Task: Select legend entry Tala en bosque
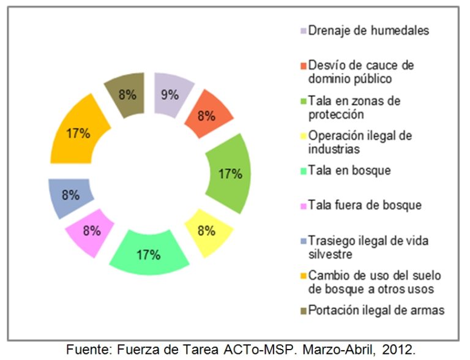pos(349,171)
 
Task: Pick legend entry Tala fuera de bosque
pos(365,205)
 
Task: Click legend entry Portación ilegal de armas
pos(376,310)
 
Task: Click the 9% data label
pos(169,95)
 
